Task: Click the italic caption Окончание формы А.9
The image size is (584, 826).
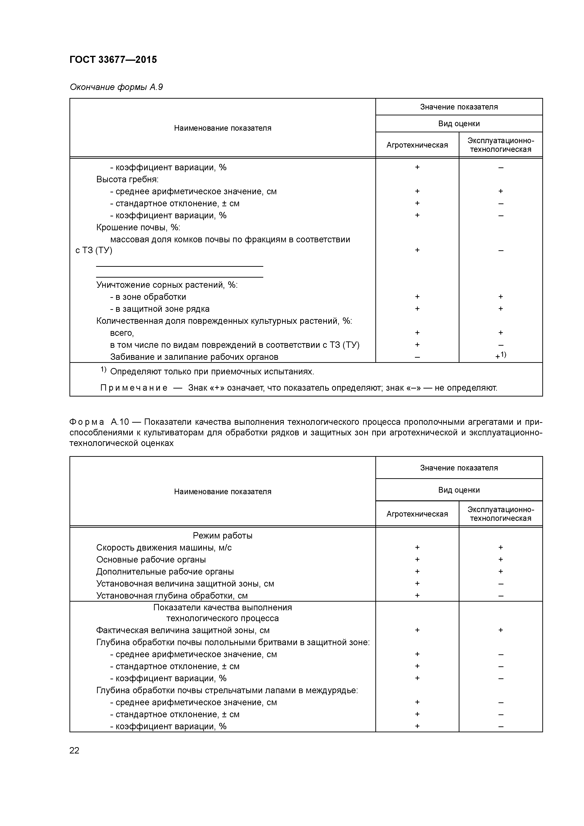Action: [116, 87]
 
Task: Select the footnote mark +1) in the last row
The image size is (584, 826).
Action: [500, 356]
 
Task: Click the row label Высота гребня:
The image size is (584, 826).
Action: [127, 179]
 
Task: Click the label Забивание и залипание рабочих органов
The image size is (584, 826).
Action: [194, 357]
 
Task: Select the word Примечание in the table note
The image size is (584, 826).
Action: [134, 388]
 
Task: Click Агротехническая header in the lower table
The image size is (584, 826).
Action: [417, 514]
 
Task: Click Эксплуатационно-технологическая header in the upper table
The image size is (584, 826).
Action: [500, 145]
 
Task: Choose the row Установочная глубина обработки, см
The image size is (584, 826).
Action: [172, 595]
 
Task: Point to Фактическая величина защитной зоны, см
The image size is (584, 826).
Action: [183, 630]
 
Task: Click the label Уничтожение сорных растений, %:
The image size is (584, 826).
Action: [167, 285]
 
